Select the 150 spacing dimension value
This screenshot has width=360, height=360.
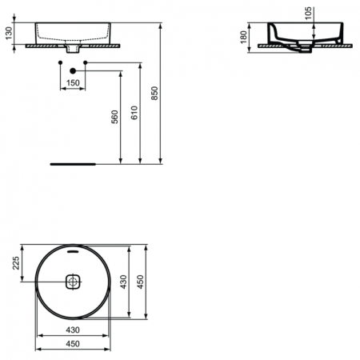(72, 82)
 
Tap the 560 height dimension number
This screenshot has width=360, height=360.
(114, 116)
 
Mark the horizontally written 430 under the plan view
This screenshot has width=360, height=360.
(73, 330)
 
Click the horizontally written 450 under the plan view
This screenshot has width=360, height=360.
(73, 345)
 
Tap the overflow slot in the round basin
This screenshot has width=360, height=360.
(73, 250)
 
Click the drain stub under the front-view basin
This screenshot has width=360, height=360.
(73, 51)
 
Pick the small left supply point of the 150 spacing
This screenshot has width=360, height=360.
(61, 62)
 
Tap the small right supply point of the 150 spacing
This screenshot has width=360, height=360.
(84, 62)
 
